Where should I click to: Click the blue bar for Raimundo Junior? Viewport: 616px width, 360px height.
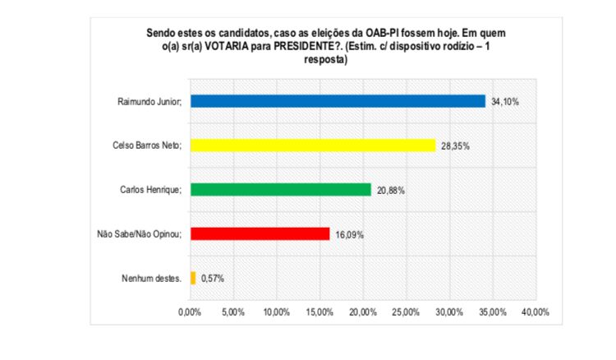point(338,101)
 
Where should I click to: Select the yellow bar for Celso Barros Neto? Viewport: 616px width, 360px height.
point(313,145)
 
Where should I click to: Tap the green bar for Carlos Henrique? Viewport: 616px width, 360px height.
point(280,189)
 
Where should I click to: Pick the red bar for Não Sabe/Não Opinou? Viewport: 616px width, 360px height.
point(260,233)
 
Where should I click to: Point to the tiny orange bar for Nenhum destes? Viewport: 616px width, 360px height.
point(193,278)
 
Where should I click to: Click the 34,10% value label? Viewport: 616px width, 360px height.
point(505,101)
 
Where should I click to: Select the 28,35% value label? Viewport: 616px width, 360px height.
point(455,145)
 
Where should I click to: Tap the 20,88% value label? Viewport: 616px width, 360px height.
point(391,190)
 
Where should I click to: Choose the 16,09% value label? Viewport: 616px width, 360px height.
point(349,234)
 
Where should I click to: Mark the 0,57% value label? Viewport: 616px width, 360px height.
point(212,279)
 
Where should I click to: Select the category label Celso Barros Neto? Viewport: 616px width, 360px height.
point(146,145)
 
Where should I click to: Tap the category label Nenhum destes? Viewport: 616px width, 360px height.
point(154,279)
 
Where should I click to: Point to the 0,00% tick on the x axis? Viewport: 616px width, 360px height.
point(190,312)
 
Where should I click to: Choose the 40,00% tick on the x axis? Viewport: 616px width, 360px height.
point(535,312)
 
